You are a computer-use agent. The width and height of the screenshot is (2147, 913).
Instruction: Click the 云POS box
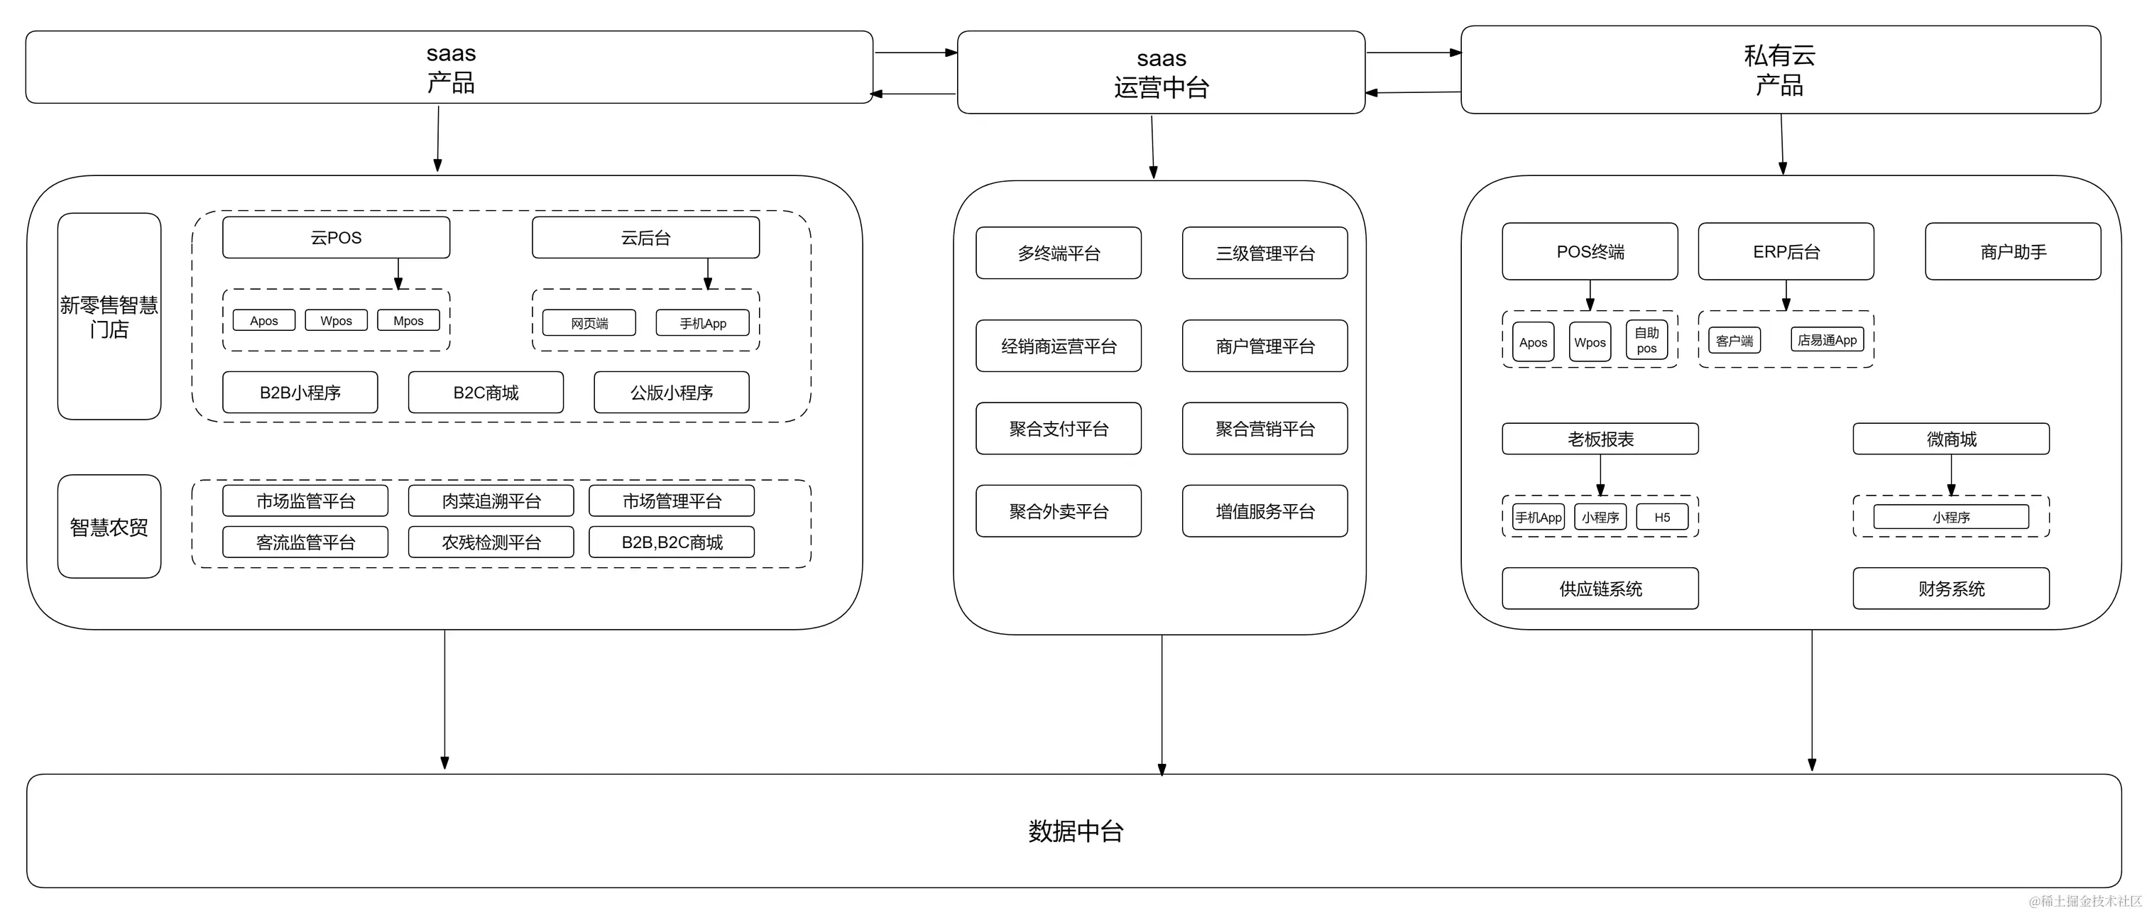336,238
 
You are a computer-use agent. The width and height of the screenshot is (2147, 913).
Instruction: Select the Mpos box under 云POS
408,321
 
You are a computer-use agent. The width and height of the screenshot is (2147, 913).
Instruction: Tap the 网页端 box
589,324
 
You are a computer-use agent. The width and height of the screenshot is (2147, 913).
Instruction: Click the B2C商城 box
486,393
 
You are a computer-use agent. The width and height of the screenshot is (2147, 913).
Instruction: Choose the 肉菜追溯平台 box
491,501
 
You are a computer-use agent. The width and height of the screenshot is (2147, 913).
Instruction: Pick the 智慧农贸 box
109,527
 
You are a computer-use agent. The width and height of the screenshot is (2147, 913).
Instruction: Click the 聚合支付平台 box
1059,429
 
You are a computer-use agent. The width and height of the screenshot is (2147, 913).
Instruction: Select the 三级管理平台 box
1264,253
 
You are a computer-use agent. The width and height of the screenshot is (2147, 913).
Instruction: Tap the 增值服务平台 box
1264,511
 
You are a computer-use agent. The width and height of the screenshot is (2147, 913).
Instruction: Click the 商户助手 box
2013,252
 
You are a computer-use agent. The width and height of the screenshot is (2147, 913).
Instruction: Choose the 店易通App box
1827,340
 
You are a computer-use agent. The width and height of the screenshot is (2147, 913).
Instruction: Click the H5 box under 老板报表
1662,518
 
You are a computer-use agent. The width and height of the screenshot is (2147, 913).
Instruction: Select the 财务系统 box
1951,589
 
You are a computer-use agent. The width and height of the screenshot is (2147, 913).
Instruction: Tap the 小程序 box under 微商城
1951,518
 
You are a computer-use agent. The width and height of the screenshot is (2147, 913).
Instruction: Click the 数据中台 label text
1075,831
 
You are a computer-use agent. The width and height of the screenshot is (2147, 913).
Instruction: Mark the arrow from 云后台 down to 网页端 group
708,273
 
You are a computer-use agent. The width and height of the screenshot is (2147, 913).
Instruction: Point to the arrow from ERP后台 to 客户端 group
1786,295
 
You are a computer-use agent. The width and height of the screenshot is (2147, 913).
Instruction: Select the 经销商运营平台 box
1059,346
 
